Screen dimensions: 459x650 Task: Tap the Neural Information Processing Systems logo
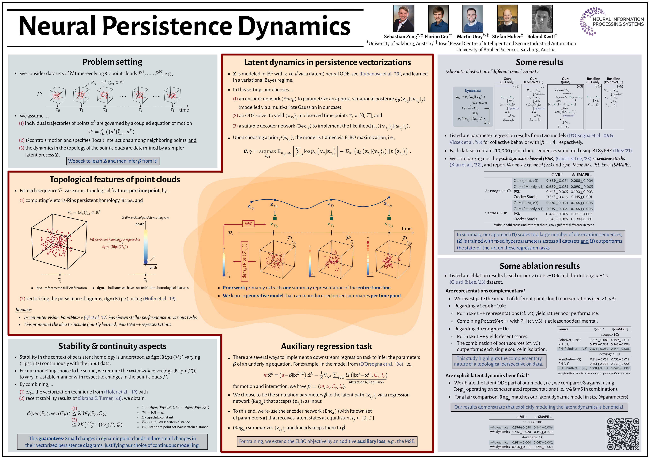tap(612, 22)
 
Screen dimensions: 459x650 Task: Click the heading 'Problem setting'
tap(112, 62)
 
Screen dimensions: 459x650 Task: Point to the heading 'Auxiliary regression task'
tap(326, 346)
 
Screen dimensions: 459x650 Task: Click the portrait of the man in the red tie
tap(403, 18)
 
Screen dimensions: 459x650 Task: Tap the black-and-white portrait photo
tap(542, 18)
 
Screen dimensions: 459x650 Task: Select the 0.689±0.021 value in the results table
tap(557, 181)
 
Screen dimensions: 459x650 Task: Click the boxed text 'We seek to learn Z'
tap(113, 161)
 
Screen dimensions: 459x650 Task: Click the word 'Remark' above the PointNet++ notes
tap(23, 310)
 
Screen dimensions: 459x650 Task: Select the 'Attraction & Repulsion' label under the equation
tap(366, 382)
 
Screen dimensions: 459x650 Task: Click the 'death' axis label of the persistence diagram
tap(140, 224)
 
